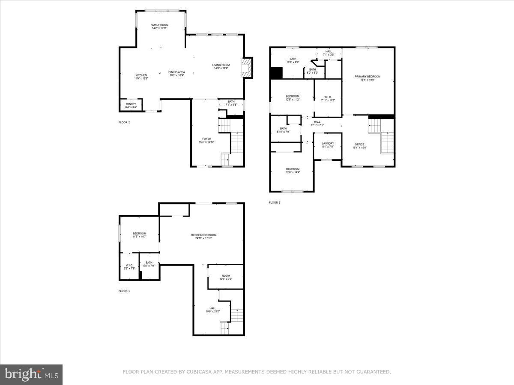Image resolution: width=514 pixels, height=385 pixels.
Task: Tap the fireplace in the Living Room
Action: point(247,68)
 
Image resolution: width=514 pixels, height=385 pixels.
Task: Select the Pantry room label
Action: point(131,104)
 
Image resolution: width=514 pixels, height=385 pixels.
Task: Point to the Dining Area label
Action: point(176,72)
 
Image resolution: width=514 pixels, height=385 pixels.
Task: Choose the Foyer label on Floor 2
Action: point(206,139)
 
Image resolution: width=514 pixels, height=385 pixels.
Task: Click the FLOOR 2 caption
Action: point(124,122)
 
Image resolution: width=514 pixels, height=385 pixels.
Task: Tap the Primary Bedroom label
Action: point(367,77)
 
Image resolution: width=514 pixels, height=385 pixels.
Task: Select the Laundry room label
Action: point(328,143)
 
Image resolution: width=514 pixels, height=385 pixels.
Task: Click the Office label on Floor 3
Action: point(359,144)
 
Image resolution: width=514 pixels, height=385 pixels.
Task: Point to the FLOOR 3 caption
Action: point(275,202)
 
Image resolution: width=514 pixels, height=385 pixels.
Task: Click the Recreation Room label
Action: point(203,235)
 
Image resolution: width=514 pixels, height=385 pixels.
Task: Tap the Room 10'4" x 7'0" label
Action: point(225,276)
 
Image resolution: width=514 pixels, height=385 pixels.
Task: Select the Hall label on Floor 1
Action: point(212,308)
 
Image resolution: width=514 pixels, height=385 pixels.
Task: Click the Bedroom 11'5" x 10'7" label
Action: point(139,233)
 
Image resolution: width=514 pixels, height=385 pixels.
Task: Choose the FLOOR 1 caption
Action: point(124,291)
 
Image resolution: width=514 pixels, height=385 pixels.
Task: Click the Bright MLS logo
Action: point(31,374)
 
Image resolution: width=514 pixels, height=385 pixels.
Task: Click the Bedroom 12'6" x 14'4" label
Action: point(293,169)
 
